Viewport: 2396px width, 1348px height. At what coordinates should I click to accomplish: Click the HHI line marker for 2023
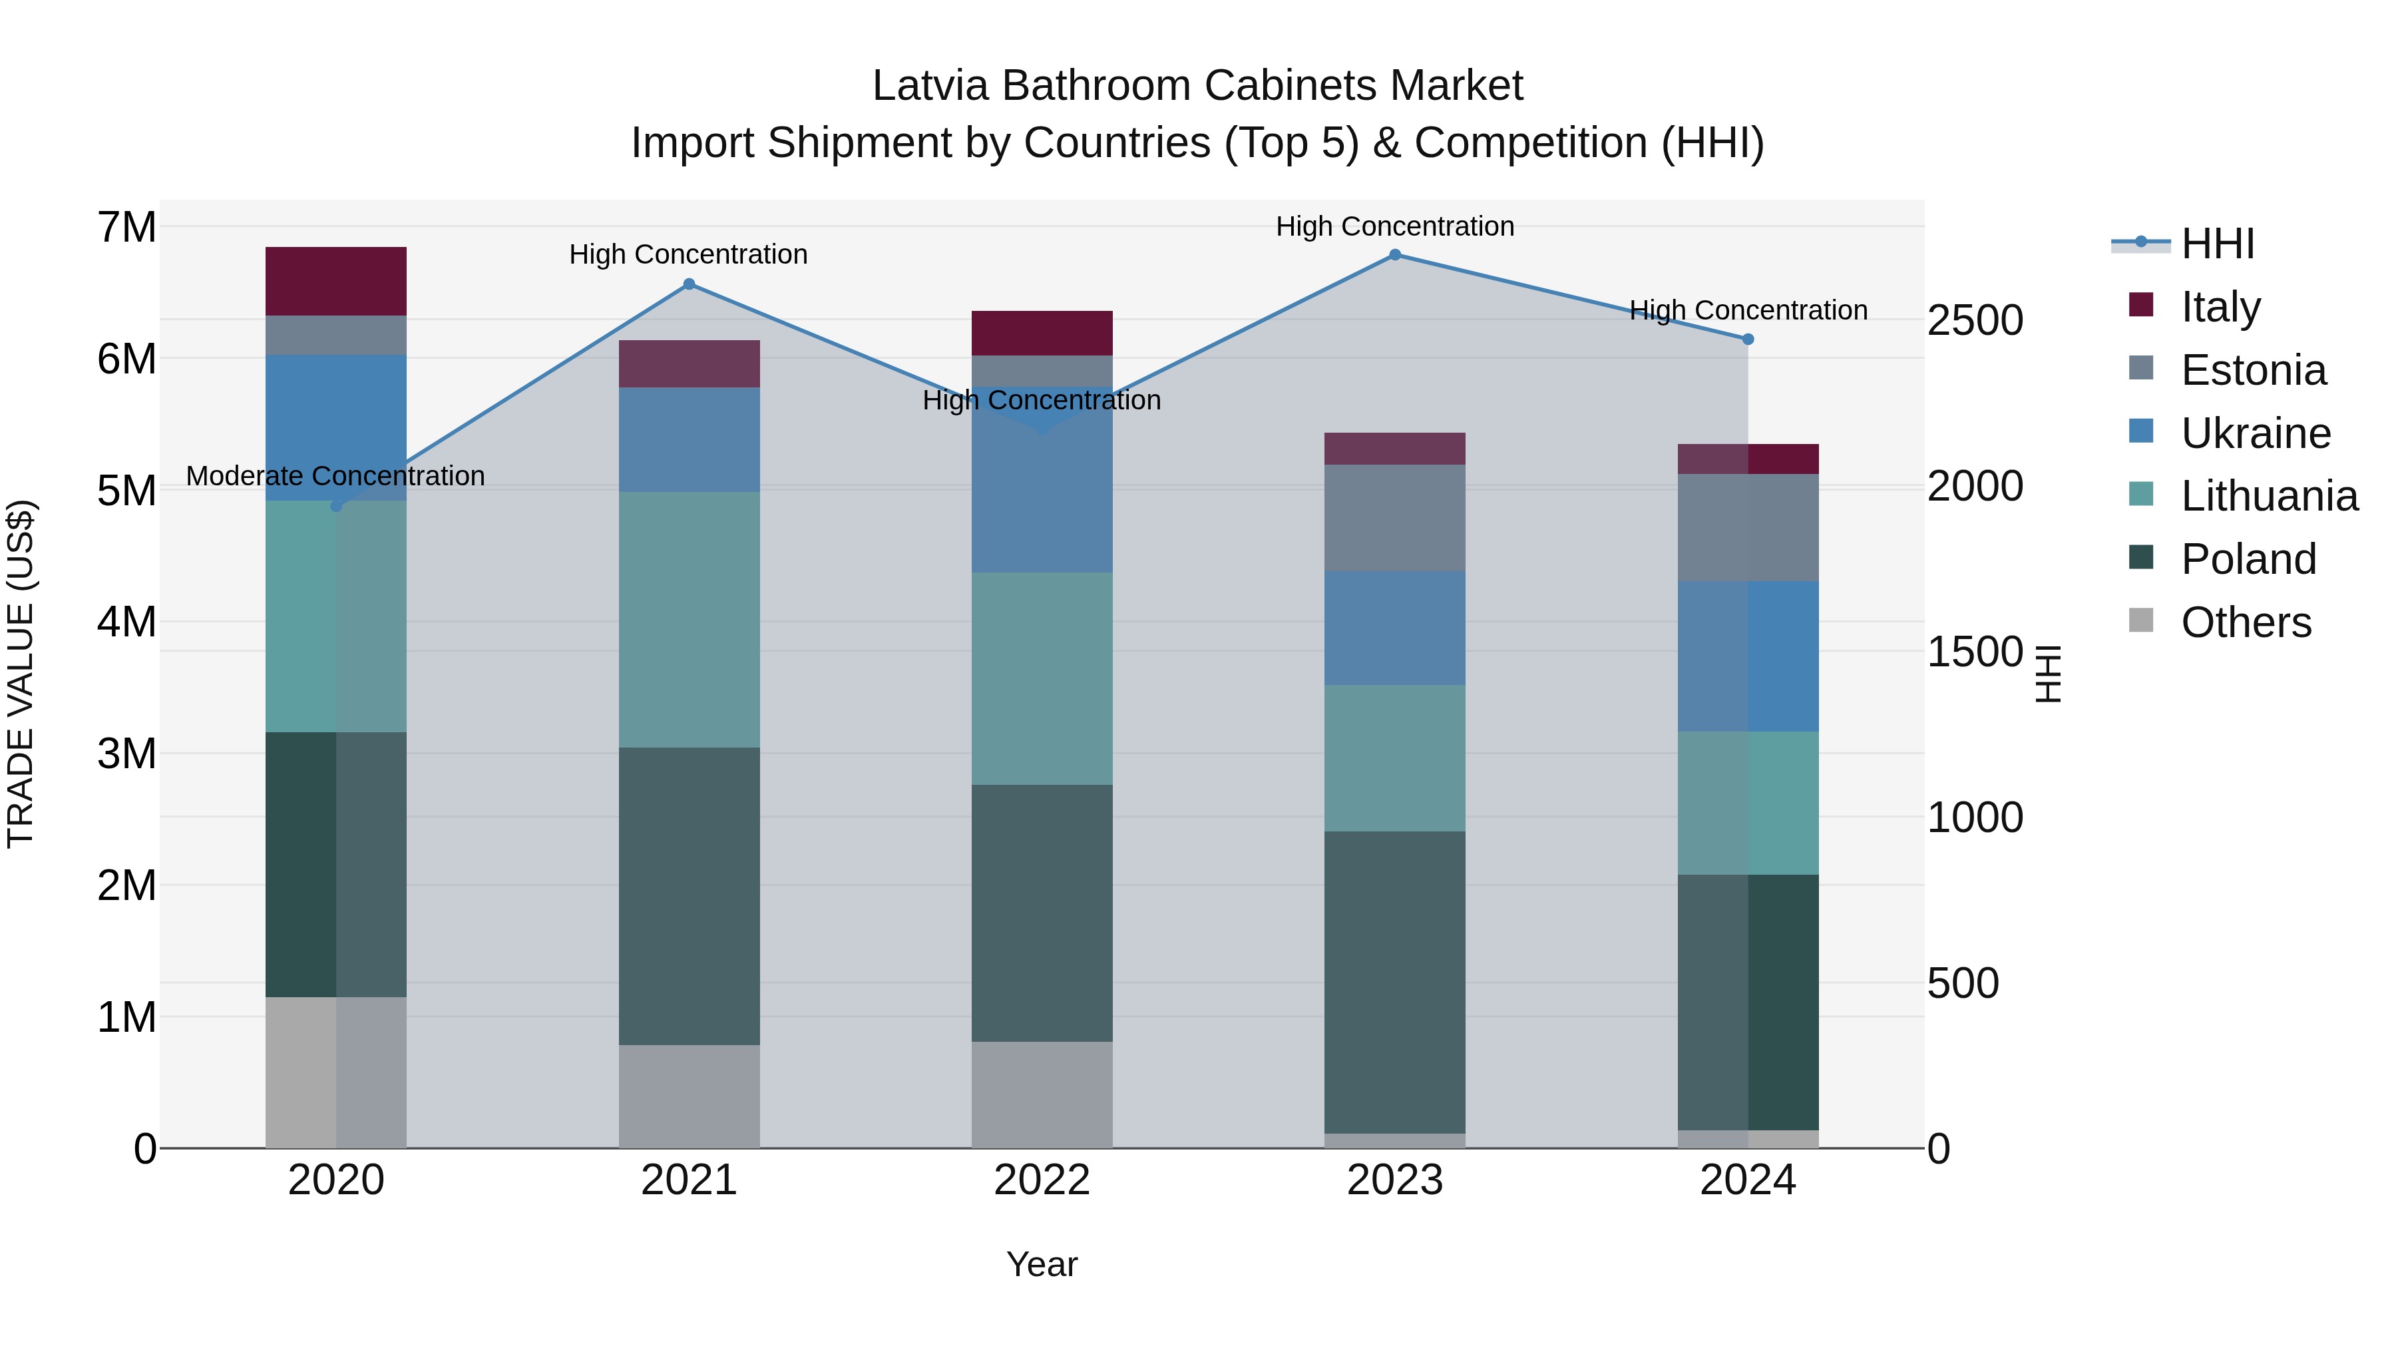(1394, 255)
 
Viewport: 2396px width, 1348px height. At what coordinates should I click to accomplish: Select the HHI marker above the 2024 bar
(1748, 339)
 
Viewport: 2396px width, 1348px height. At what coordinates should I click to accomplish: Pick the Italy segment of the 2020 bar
(336, 281)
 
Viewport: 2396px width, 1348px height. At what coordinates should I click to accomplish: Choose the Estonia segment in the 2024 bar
(1748, 527)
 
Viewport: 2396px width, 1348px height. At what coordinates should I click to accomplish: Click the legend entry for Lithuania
(2269, 497)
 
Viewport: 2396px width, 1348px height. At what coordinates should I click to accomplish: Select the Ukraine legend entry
(2255, 433)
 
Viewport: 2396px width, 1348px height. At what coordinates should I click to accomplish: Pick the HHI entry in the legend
(2218, 244)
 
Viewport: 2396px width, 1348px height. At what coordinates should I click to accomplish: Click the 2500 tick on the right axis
(1975, 320)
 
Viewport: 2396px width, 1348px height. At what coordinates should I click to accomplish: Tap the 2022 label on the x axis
(1042, 1180)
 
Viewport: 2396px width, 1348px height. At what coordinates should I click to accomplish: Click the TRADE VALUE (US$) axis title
(21, 674)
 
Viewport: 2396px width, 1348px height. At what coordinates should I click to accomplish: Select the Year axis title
(1042, 1264)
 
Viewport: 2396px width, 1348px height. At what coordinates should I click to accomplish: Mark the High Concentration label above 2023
(1394, 226)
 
